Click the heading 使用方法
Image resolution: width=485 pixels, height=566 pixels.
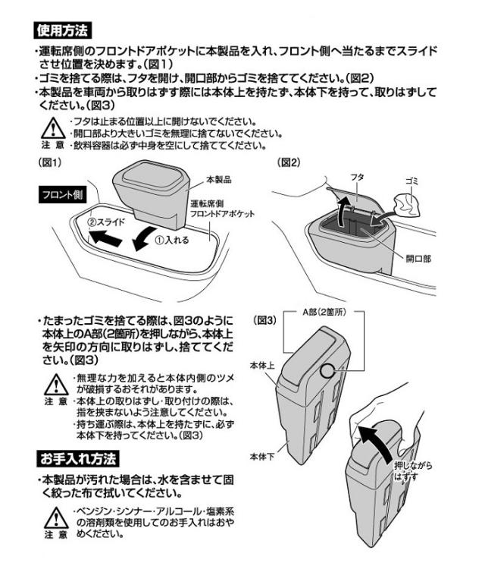pyautogui.click(x=64, y=31)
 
